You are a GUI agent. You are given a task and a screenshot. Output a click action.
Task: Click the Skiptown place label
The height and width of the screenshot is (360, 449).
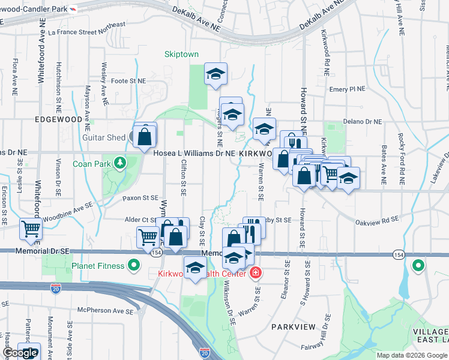(x=181, y=54)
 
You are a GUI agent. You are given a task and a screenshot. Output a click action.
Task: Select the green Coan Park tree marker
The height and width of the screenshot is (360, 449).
(x=121, y=163)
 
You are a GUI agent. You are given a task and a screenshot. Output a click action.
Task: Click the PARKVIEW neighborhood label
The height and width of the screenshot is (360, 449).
(x=292, y=326)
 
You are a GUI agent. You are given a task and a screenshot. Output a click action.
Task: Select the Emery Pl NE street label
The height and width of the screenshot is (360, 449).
(x=348, y=89)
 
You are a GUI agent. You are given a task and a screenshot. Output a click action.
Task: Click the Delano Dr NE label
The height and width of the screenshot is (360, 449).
(x=363, y=121)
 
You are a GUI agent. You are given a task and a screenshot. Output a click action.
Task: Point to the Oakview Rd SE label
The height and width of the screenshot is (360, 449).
(x=376, y=220)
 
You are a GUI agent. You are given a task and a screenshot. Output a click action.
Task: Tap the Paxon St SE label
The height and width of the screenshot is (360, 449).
(x=140, y=197)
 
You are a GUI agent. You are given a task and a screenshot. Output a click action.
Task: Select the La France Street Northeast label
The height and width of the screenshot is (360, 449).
(x=88, y=26)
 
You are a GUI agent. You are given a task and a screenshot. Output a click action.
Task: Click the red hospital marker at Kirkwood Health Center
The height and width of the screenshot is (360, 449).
(x=256, y=272)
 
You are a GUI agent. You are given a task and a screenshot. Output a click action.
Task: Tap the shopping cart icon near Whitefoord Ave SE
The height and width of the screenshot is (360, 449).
(x=31, y=228)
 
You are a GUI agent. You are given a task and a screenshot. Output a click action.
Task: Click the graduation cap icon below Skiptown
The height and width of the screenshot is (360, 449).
(x=216, y=74)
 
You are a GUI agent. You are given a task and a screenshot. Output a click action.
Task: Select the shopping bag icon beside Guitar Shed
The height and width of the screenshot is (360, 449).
(x=145, y=136)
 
